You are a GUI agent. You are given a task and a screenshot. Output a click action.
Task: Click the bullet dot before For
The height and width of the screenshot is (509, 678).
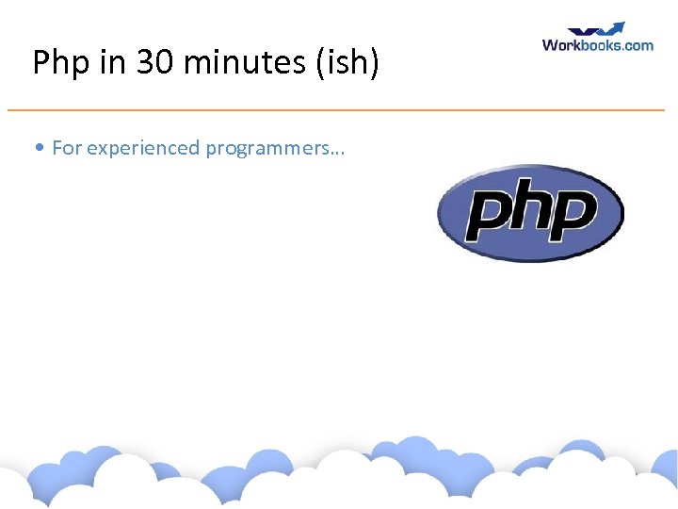coord(38,148)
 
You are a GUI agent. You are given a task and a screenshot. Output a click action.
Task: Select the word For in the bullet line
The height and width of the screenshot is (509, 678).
coord(67,148)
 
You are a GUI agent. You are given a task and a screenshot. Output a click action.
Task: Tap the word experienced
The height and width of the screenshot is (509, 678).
coord(143,148)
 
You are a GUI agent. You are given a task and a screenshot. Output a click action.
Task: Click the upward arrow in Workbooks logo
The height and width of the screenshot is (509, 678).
coord(613,28)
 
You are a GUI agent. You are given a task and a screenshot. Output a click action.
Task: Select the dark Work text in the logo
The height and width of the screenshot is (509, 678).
coord(562,44)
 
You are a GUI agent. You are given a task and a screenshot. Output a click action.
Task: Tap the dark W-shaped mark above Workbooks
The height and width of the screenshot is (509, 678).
coord(580,31)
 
